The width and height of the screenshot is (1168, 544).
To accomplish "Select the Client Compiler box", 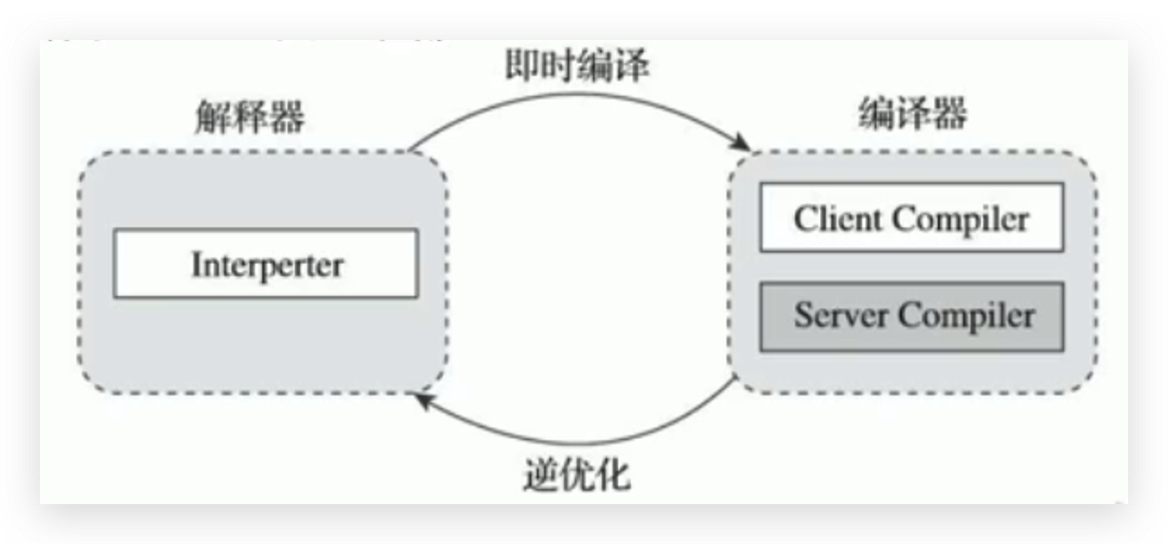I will (911, 217).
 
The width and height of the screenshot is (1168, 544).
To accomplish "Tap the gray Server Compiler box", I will (911, 316).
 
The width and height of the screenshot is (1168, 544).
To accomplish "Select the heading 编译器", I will (912, 114).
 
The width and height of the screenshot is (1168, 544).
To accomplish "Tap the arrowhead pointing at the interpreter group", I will (424, 400).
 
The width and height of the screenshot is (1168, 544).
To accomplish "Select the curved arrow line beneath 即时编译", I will (578, 100).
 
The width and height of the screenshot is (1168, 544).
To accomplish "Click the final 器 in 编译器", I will (949, 114).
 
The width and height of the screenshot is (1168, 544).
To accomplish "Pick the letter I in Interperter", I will (196, 264).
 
